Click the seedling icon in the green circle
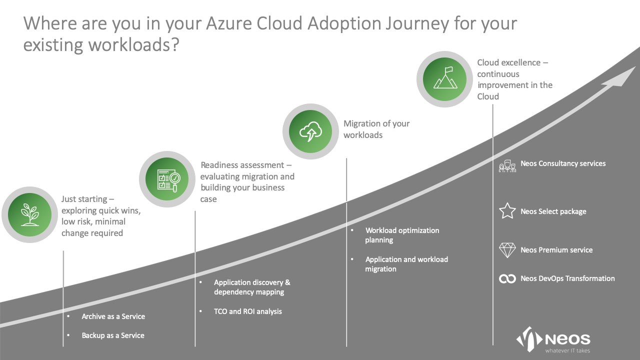pos(29,214)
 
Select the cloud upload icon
pos(310,131)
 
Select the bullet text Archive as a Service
pos(113,316)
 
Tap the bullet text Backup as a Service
pos(112,335)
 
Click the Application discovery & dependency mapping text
pos(251,287)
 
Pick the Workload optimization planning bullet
pos(401,235)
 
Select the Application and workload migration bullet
pos(406,264)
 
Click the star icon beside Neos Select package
pos(507,211)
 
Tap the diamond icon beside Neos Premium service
pos(507,250)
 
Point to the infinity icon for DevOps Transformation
pos(507,278)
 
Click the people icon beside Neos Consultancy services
pos(507,165)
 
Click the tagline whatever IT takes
pos(567,350)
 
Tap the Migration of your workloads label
pos(376,129)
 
